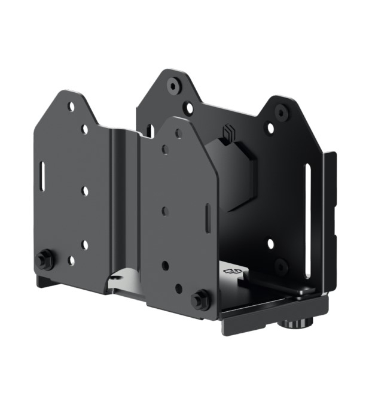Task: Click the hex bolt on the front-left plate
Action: (x=45, y=260)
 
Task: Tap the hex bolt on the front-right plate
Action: (x=200, y=299)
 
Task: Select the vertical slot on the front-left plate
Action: (x=44, y=174)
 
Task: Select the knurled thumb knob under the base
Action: (x=297, y=324)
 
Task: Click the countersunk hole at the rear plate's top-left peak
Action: (x=173, y=85)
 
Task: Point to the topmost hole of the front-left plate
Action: (x=71, y=107)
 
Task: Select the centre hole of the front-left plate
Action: (x=85, y=190)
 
